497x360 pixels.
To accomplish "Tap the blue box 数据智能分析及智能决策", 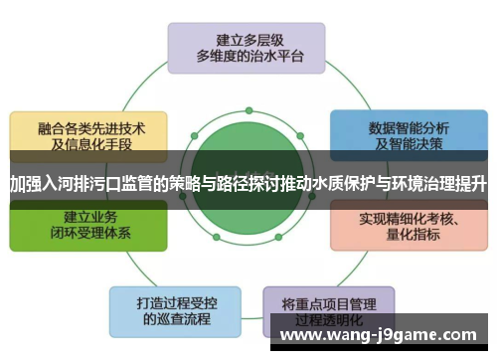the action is coord(409,135).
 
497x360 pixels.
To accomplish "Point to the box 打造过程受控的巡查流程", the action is coord(175,308).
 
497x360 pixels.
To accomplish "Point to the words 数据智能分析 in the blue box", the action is coord(409,126).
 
